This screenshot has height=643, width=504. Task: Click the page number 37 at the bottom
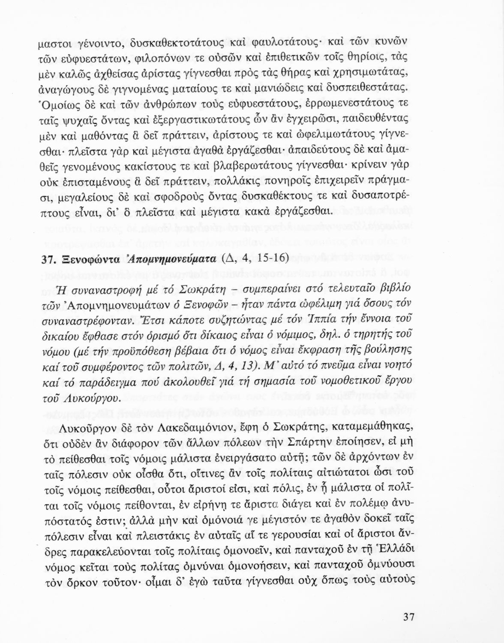click(408, 617)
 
